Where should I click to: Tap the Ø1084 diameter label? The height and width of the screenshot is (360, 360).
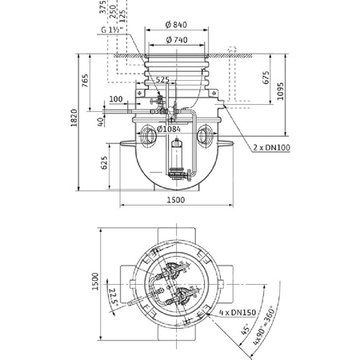pyautogui.click(x=172, y=130)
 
